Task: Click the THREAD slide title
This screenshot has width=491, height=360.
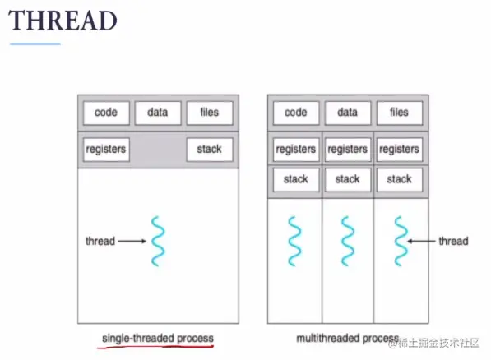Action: pos(63,21)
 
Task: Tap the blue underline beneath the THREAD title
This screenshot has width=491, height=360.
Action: pos(35,44)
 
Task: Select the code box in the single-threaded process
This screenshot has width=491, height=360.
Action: pos(106,113)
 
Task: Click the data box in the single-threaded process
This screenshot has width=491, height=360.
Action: pos(158,113)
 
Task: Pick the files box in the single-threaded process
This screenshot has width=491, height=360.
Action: pos(210,113)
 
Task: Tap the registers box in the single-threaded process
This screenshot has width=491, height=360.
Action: pos(106,150)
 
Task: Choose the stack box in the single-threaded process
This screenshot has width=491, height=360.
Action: pos(210,150)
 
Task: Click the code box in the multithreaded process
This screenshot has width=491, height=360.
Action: pos(296,113)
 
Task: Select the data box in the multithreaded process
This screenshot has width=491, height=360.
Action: pos(348,113)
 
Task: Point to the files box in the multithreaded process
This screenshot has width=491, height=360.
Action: pos(399,113)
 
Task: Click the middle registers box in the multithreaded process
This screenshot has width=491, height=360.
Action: pos(348,150)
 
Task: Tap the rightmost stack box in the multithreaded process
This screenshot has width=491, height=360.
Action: pos(399,179)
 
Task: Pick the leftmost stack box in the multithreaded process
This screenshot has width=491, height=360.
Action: pos(296,179)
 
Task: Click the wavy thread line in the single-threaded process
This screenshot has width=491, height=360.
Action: pos(158,241)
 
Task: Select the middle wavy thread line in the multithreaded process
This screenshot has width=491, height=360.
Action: pos(348,241)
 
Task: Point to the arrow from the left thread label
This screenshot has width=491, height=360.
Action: pos(132,241)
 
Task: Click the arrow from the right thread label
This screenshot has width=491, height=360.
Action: pos(421,241)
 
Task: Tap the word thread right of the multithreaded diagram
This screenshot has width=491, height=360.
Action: pos(453,241)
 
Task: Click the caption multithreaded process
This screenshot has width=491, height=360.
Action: pos(348,339)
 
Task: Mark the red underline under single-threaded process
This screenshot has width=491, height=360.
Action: pos(155,347)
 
